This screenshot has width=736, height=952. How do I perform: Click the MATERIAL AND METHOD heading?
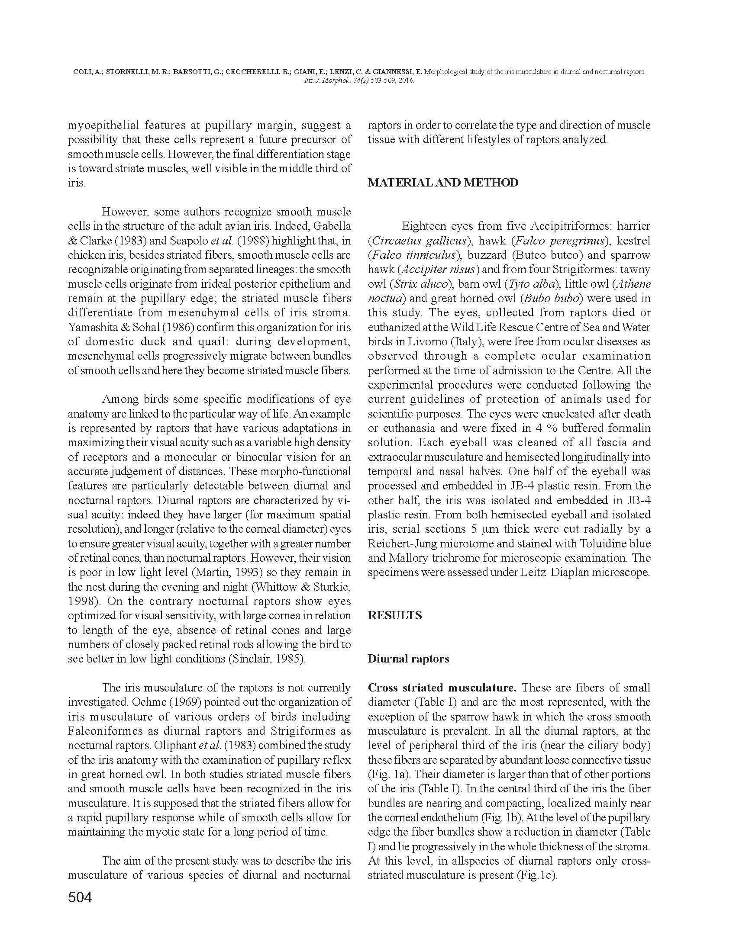(442, 183)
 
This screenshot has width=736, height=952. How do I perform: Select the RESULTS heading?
(394, 615)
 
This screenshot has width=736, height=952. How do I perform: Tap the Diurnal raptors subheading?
(408, 659)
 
